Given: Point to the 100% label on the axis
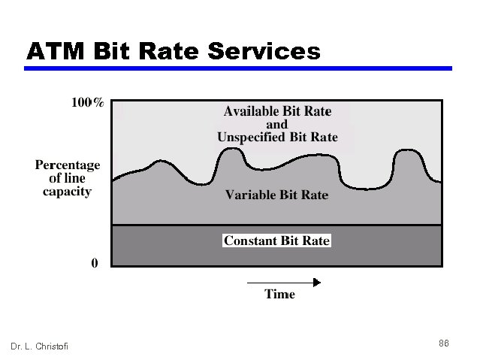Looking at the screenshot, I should (88, 103).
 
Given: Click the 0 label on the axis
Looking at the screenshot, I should (94, 263).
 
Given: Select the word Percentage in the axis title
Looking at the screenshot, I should (68, 165).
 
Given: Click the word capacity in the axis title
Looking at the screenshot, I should (68, 192).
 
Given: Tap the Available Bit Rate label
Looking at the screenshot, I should (277, 111).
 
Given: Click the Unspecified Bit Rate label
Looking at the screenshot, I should (277, 138).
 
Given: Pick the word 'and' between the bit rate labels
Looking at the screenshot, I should (277, 124).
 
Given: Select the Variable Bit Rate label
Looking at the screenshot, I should (277, 195).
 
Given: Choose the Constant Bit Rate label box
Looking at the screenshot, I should (277, 241).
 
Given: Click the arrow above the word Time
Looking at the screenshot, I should (284, 282).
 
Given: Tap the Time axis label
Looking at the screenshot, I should (279, 294).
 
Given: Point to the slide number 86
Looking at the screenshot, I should (444, 343).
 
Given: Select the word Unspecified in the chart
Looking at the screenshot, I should (250, 138).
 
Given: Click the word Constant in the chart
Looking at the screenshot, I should (250, 241).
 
